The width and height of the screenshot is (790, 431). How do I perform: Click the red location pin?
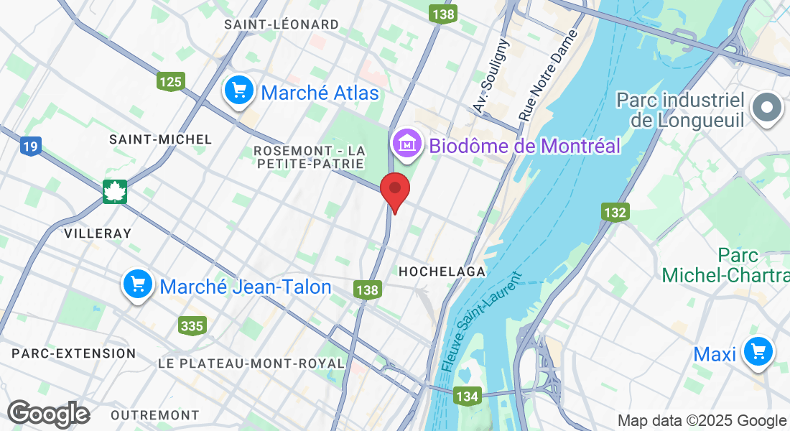click(394, 190)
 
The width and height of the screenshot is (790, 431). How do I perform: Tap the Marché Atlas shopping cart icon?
click(238, 91)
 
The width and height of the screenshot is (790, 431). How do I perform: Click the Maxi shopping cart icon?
click(758, 352)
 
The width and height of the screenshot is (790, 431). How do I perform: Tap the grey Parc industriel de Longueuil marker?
click(766, 108)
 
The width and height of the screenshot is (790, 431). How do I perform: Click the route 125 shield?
click(171, 81)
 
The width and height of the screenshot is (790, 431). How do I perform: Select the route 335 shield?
click(192, 326)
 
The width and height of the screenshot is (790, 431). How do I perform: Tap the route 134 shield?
click(468, 396)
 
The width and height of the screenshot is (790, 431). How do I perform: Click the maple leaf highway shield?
click(115, 192)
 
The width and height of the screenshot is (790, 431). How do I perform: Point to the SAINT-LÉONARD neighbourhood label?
click(281, 24)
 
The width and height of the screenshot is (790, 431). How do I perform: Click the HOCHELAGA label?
click(442, 272)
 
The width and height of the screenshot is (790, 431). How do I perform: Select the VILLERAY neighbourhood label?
click(98, 233)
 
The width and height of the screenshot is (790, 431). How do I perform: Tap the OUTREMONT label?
click(155, 415)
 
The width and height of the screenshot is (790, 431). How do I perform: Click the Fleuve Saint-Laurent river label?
click(480, 321)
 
